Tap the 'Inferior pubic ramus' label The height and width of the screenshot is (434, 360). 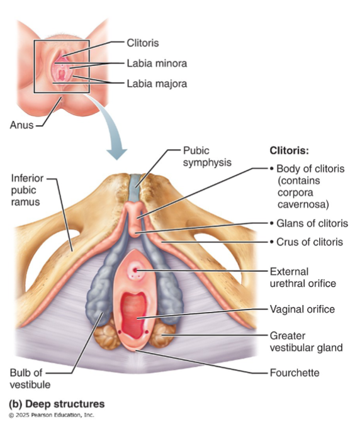point(28,188)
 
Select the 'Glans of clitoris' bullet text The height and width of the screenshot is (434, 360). point(312,223)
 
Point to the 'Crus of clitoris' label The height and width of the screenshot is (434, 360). point(310,242)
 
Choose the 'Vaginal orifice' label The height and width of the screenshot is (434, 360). point(302,309)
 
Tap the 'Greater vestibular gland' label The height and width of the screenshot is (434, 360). point(306,341)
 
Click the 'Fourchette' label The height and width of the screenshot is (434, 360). point(294,373)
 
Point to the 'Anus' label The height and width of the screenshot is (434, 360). point(21,125)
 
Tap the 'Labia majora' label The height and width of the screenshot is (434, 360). point(157,83)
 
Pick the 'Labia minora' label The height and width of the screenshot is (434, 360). point(157,64)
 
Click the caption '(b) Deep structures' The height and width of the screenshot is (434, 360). point(56,403)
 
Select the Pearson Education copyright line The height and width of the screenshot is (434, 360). point(51,415)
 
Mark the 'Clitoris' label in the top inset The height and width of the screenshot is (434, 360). point(143,43)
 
